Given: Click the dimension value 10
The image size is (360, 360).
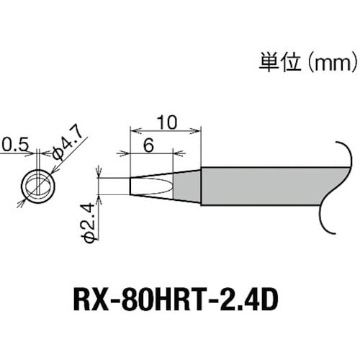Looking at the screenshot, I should [x=165, y=122].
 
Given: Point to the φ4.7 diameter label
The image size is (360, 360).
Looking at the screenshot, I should [x=68, y=150].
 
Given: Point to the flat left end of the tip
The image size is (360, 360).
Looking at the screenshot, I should [x=130, y=185].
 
